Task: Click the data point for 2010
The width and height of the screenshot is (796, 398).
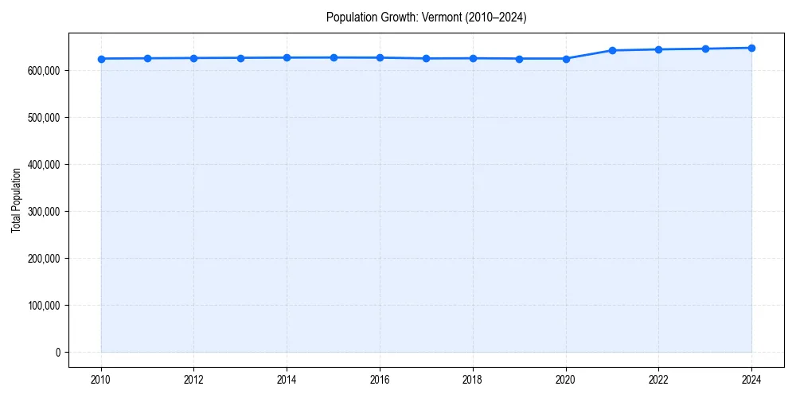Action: [x=101, y=59]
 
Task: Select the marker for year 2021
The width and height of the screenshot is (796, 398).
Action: [x=612, y=50]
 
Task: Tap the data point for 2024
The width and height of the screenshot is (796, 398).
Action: [x=751, y=48]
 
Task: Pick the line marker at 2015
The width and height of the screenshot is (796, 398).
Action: [x=334, y=57]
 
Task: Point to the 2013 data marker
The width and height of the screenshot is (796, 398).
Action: [x=240, y=58]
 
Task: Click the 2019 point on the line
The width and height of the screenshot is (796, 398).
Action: [x=519, y=59]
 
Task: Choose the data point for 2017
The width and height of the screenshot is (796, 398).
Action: [x=427, y=58]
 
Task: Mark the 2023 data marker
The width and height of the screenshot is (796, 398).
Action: [x=705, y=49]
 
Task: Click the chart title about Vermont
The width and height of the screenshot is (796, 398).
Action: [x=426, y=17]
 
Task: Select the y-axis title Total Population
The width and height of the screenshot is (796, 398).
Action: [x=16, y=200]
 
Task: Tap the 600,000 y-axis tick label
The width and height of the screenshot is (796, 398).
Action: [x=44, y=71]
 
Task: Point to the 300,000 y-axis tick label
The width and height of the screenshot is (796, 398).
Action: [x=44, y=212]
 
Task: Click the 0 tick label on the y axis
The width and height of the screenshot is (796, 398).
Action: [x=58, y=353]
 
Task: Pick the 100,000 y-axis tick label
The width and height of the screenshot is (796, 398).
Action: [x=44, y=306]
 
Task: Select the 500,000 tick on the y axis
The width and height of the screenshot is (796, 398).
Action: [x=44, y=118]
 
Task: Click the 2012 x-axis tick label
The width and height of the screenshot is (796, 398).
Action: [x=193, y=379]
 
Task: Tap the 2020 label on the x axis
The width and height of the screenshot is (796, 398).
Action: [x=565, y=379]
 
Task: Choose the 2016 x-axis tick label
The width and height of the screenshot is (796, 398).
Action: [x=380, y=379]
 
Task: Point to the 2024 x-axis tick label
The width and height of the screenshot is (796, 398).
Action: [x=751, y=379]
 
